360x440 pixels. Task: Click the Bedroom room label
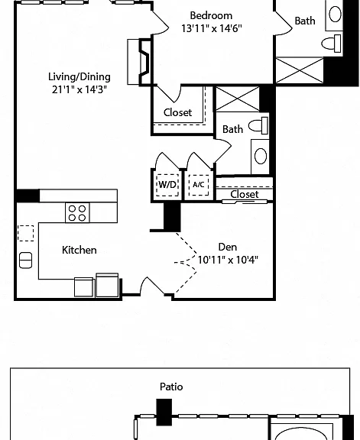pos(211,15)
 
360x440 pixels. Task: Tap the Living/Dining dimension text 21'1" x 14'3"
pos(79,89)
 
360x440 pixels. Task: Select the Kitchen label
pos(79,250)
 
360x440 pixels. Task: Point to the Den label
pos(228,247)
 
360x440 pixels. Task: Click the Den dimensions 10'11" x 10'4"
pos(228,260)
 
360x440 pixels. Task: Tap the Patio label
pos(171,387)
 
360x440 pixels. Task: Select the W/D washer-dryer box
pos(167,185)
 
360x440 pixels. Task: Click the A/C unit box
pos(199,185)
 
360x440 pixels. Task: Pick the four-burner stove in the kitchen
pos(77,213)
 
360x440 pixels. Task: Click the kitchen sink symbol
pos(25,260)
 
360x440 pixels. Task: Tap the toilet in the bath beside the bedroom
pos(332,44)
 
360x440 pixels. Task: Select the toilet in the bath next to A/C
pos(258,125)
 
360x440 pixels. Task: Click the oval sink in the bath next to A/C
pos(261,156)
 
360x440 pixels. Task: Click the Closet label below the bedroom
pos(178,112)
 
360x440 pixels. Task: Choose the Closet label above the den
pos(245,194)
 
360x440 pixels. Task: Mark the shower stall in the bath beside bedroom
pos(300,70)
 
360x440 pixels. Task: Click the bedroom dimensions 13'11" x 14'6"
pos(212,28)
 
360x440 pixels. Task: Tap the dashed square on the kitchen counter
pos(25,233)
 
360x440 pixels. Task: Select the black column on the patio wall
pos(164,412)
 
